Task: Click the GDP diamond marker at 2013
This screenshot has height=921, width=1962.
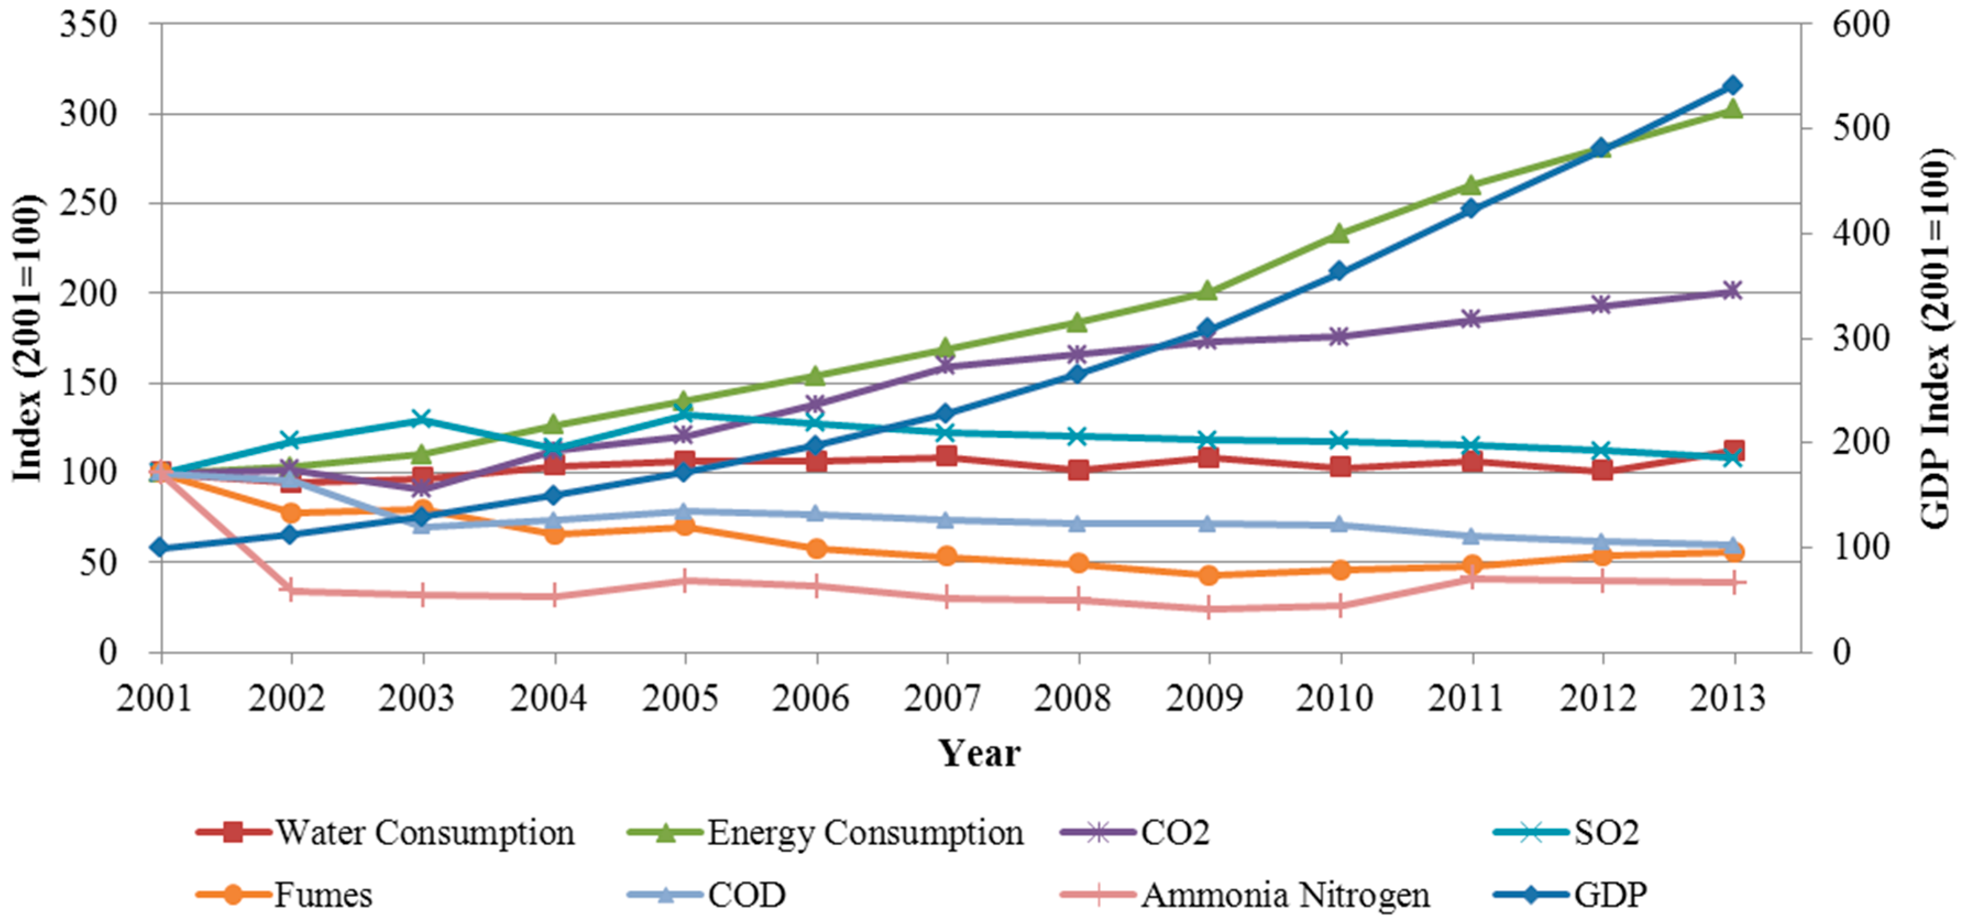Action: coord(1733,85)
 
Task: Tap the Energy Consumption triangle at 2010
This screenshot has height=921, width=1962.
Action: coord(1340,233)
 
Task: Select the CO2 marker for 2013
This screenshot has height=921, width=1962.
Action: coord(1733,291)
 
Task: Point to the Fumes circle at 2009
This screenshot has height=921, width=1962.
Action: coord(1209,575)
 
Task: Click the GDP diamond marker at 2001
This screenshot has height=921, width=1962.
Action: coord(160,548)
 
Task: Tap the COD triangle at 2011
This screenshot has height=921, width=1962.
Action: coord(1471,536)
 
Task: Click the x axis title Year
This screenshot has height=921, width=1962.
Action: coord(979,753)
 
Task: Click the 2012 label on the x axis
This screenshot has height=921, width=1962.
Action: coord(1598,698)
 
